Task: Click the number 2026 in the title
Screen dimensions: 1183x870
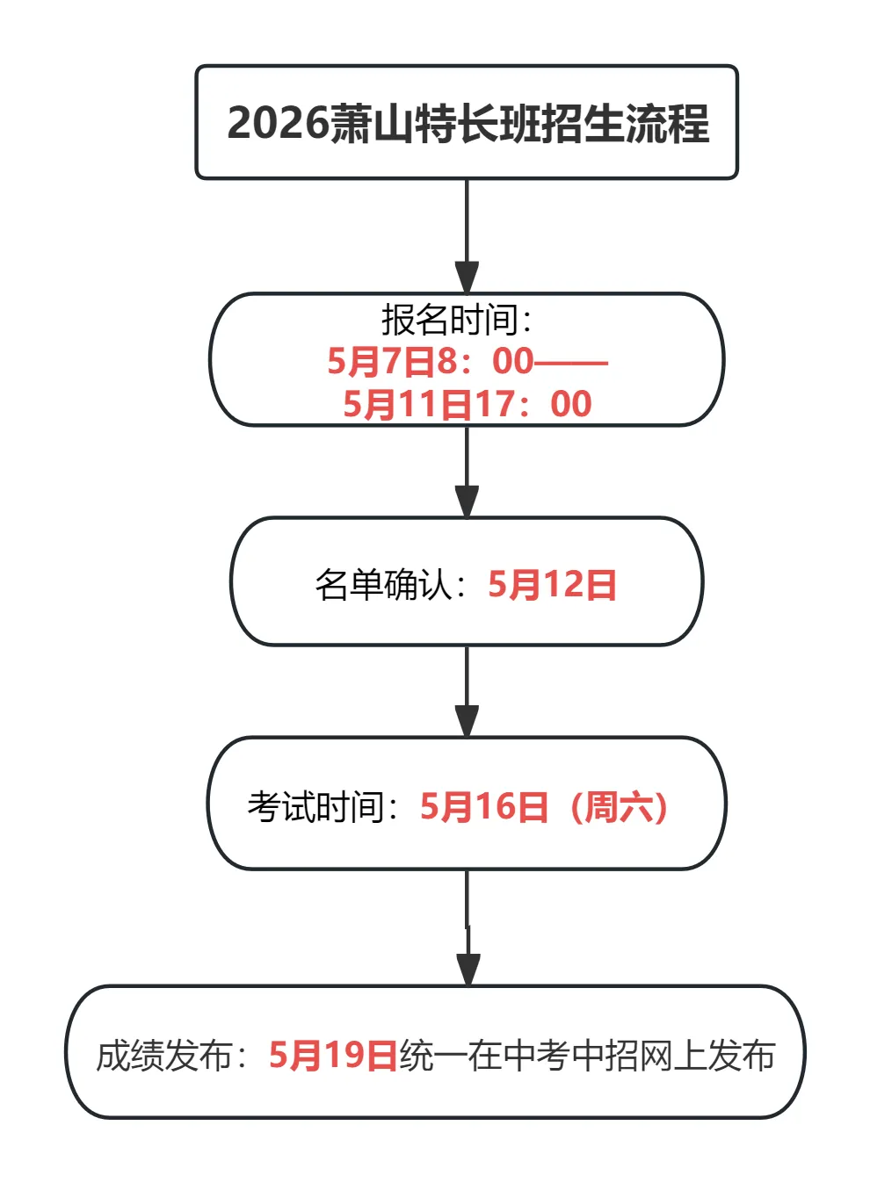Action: click(x=278, y=123)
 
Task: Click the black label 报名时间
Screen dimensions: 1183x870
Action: click(x=449, y=320)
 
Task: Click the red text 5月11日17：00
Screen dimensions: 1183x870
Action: click(x=468, y=404)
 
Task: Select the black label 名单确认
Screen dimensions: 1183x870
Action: click(x=383, y=584)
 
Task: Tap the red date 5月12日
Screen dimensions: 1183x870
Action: click(x=552, y=584)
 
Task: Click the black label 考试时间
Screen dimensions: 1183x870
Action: click(x=315, y=806)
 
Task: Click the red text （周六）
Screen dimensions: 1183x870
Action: click(x=619, y=806)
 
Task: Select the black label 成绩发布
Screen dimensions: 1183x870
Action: click(x=163, y=1055)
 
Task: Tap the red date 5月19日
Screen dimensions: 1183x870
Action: click(x=333, y=1055)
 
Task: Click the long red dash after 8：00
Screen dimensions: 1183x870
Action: click(x=571, y=362)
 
